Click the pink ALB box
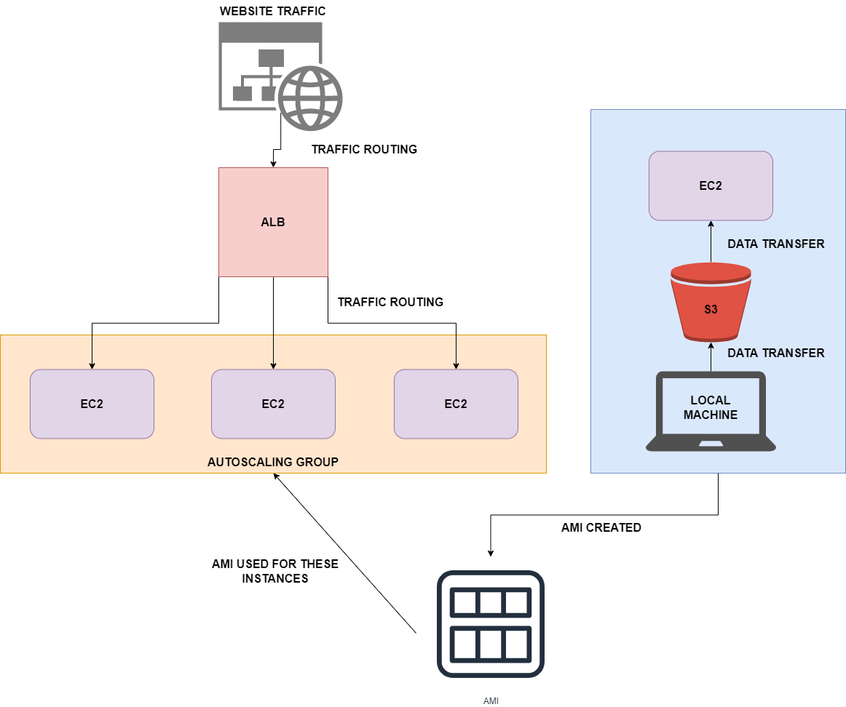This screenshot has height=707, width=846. coord(273,222)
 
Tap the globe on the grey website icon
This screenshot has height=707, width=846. coord(310,99)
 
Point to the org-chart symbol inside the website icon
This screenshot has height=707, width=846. coord(258,76)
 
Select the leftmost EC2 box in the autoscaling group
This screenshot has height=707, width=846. coord(92,404)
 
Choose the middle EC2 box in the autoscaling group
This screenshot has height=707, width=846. coord(273,404)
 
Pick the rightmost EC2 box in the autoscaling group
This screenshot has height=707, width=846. coord(456,404)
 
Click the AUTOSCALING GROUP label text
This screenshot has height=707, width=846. coord(273,462)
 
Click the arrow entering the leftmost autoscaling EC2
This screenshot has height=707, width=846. coord(92,353)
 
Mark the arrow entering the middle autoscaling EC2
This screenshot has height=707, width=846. coord(273,353)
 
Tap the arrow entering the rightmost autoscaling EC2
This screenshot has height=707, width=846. coord(456,353)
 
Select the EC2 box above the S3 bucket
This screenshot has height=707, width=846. coord(711,185)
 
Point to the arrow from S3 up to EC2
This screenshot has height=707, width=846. coord(711,242)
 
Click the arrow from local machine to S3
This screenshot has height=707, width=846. coord(711,356)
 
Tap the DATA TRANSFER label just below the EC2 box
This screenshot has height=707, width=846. coord(776,244)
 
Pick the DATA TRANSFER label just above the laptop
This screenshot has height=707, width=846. coord(776,353)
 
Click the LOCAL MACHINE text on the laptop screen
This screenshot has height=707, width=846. coord(711,407)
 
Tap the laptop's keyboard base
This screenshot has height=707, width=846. coord(711,444)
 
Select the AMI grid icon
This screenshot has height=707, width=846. coord(491,623)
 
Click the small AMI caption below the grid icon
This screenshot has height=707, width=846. coord(491,700)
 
